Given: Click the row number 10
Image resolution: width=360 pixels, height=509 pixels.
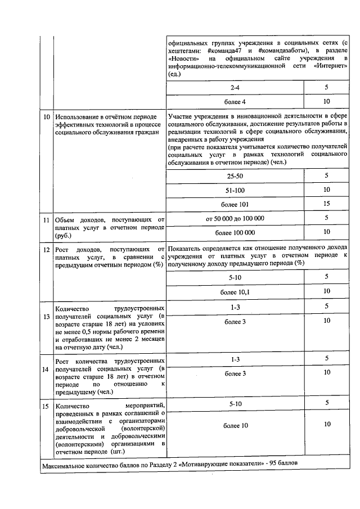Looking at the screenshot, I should coord(47,116).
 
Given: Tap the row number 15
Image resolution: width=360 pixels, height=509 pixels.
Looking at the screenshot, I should coord(47,405).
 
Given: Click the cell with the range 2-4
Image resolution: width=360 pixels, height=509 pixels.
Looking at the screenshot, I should coord(235,88).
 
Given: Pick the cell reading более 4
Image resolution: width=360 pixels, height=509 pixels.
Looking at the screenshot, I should coord(235,102).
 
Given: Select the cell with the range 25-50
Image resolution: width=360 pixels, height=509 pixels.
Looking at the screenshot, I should coord(235,176).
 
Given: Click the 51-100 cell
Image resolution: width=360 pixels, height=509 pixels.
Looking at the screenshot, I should coord(235,190).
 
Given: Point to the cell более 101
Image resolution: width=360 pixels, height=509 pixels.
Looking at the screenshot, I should coord(235,204).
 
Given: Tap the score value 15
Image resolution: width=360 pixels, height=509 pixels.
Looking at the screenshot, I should coord(326,204).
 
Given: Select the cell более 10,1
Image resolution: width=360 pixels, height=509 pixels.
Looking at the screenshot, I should coord(235,291).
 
